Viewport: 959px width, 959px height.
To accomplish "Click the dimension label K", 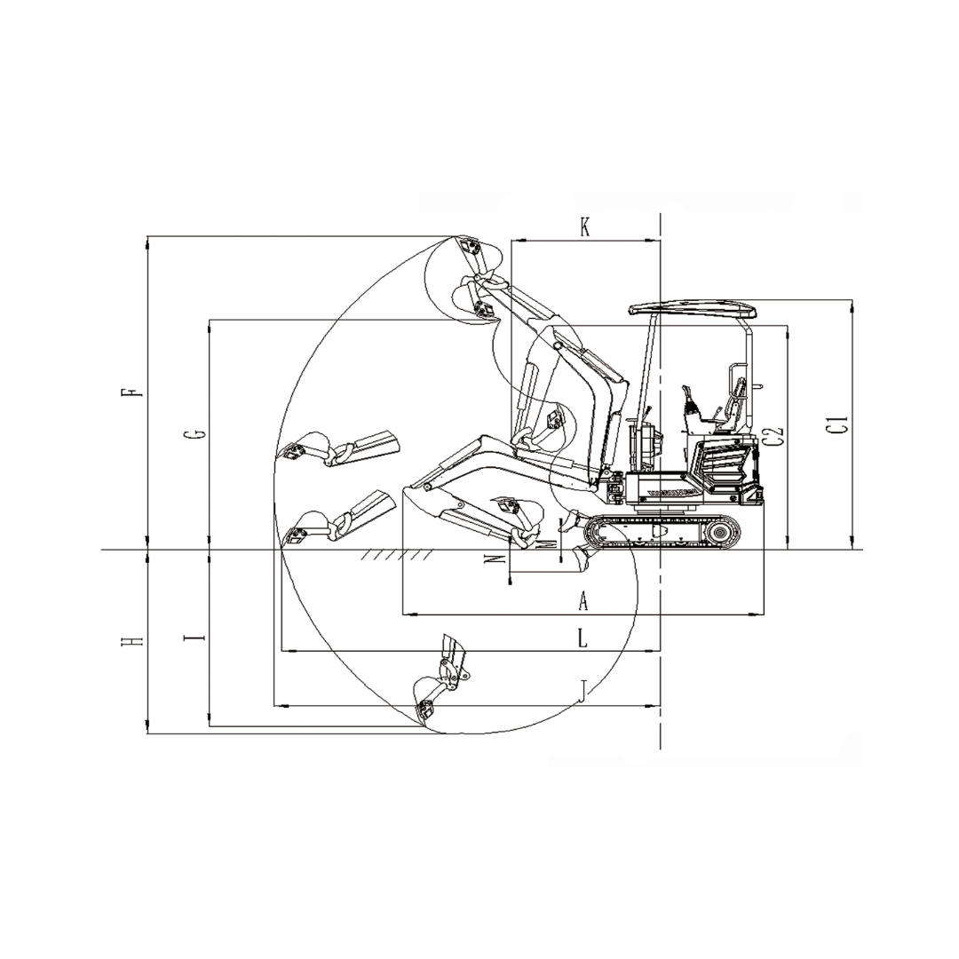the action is click(x=584, y=228).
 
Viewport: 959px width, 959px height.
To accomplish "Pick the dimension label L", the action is click(x=583, y=639).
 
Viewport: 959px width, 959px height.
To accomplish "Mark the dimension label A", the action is click(x=583, y=601).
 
